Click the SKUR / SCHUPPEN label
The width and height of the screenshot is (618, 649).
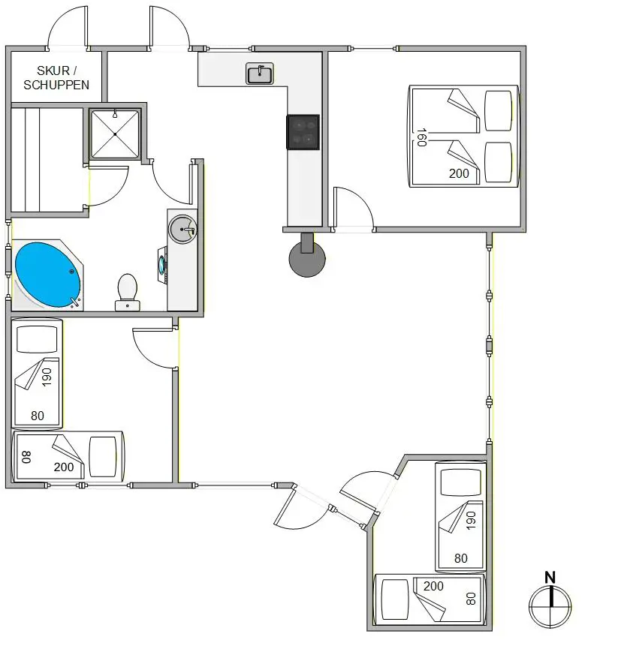point(56,77)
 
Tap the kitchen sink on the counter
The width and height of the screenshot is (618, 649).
point(259,74)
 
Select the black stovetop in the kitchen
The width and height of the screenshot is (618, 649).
point(303,131)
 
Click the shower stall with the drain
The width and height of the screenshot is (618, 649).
point(115,134)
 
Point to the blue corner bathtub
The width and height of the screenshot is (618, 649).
point(47,274)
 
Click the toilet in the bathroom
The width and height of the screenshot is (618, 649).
point(127,290)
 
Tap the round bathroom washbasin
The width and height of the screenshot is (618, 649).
point(182,228)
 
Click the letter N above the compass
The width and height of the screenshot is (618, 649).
point(550,577)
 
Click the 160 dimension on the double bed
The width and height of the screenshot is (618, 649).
point(421,136)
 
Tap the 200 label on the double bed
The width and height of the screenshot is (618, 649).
point(459,173)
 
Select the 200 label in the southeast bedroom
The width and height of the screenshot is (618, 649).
point(433,586)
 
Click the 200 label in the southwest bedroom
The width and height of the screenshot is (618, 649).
point(64,467)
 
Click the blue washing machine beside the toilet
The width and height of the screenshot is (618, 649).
point(163,265)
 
